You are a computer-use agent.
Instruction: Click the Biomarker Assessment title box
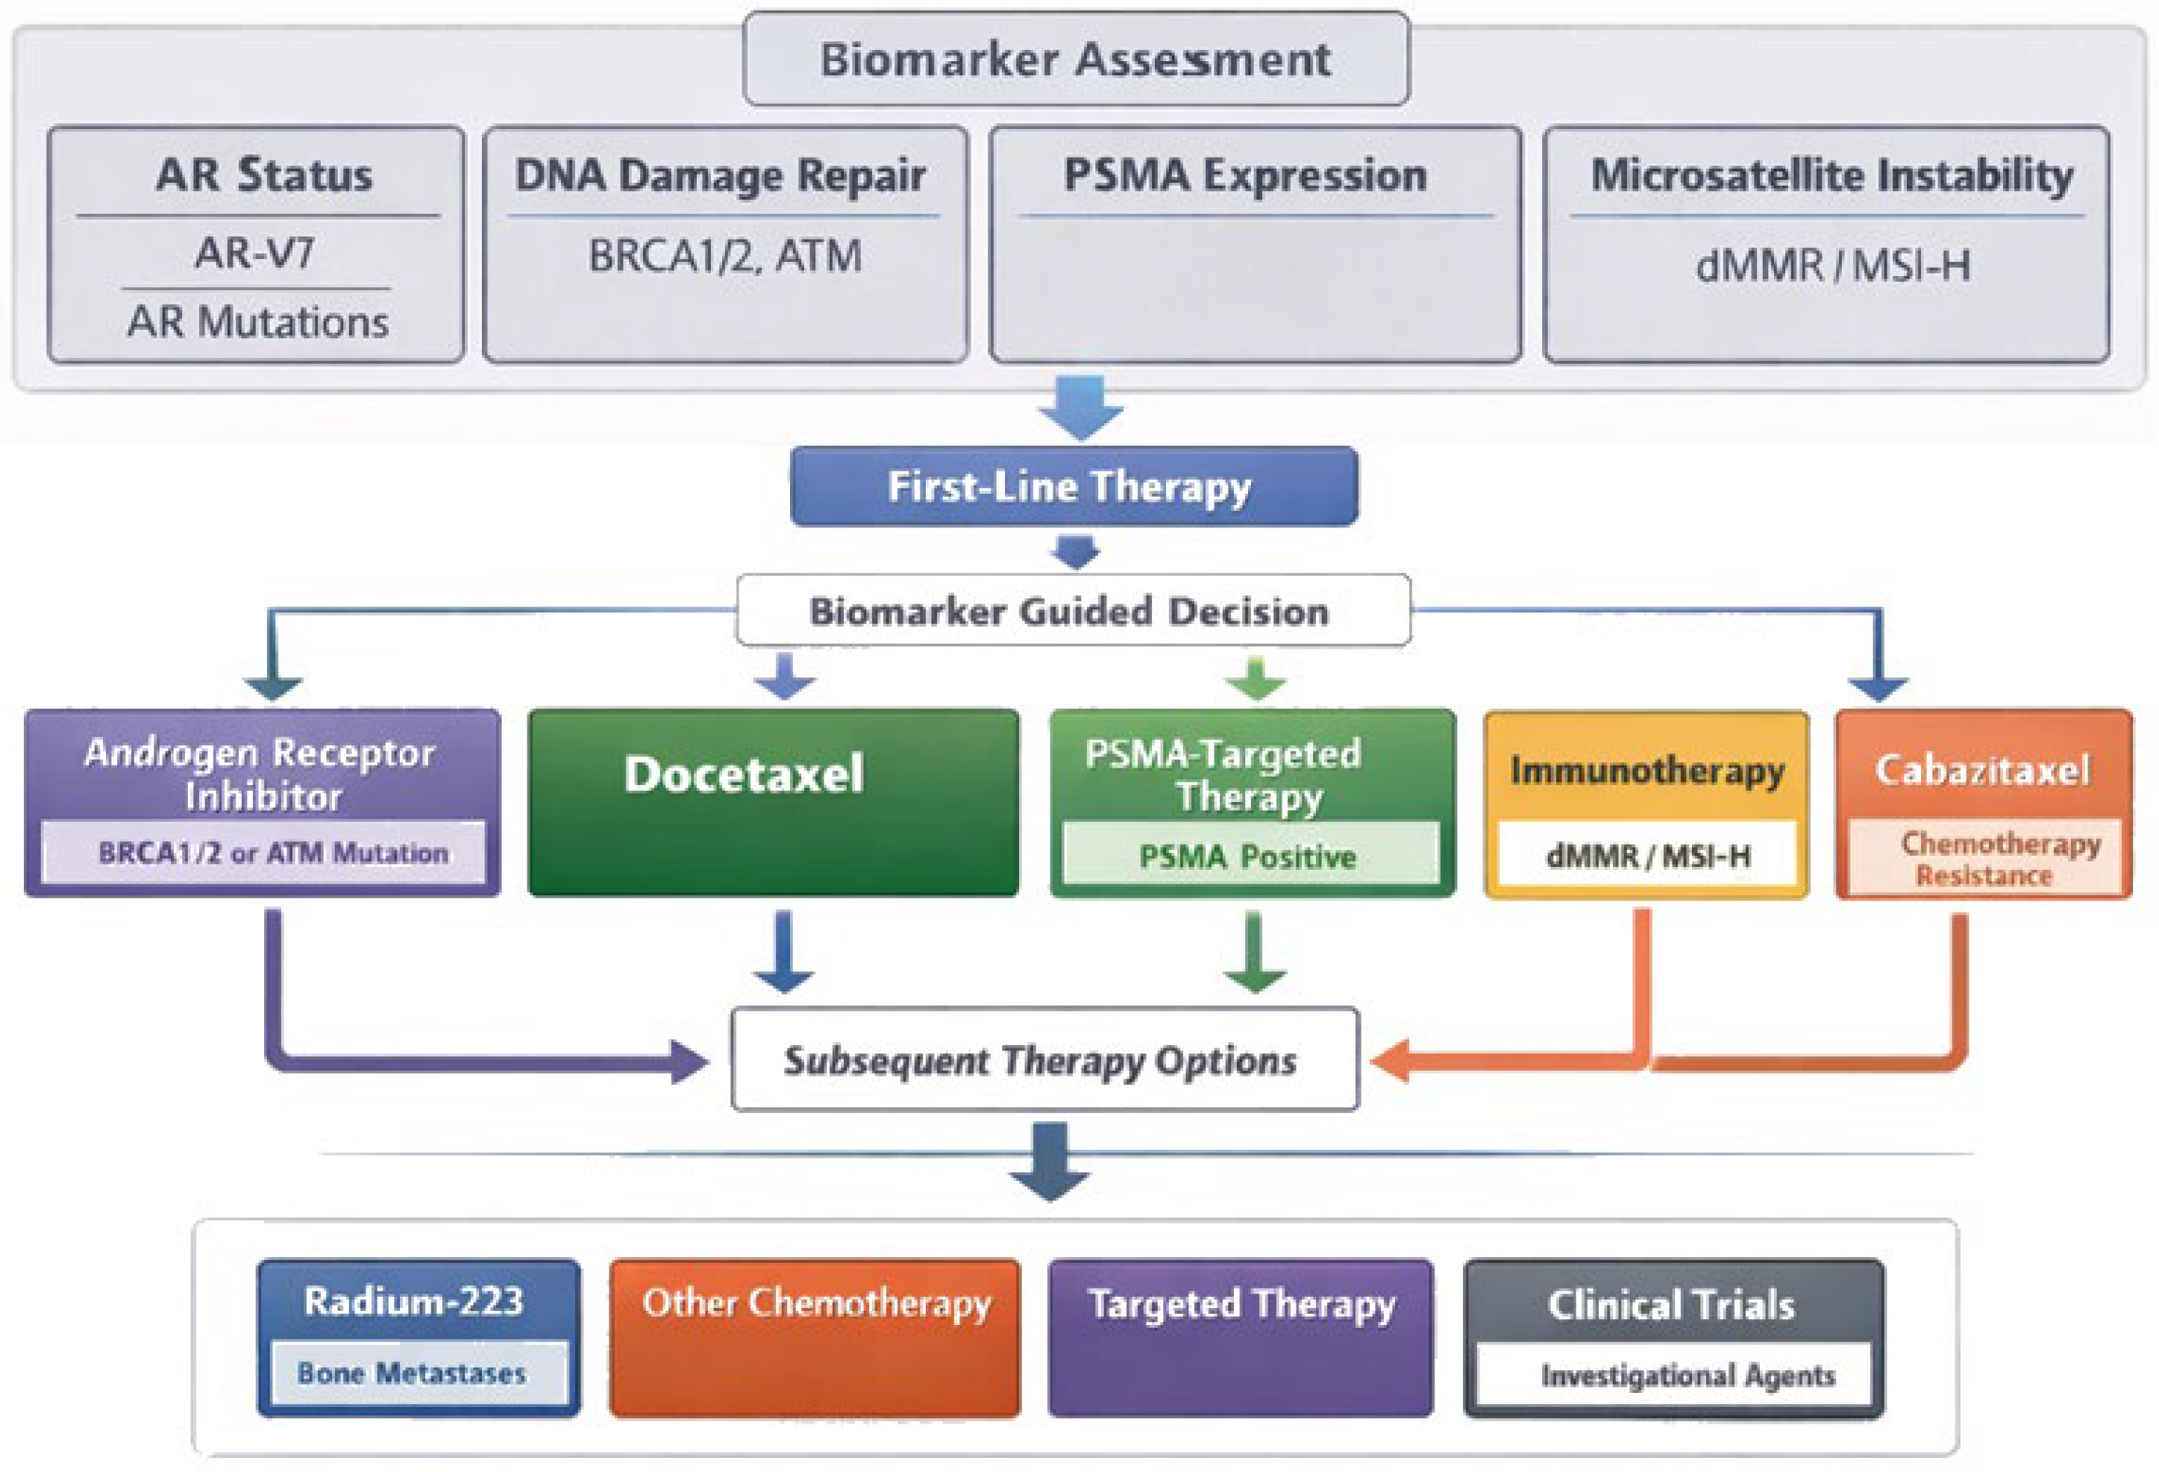1076,58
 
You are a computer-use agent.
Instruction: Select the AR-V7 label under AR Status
254,253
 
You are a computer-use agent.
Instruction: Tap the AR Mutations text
257,322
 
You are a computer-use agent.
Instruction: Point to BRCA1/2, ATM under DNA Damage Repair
724,257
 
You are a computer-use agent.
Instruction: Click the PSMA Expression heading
1245,175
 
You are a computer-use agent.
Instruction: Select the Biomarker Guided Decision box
1073,610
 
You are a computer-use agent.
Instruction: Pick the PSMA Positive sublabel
1250,854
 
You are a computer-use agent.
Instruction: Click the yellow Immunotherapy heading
1646,771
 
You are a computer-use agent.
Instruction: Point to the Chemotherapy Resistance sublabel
1986,859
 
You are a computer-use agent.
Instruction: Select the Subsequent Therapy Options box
1044,1059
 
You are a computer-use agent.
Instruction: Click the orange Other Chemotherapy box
815,1338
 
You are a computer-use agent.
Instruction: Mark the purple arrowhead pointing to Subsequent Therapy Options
689,1061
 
